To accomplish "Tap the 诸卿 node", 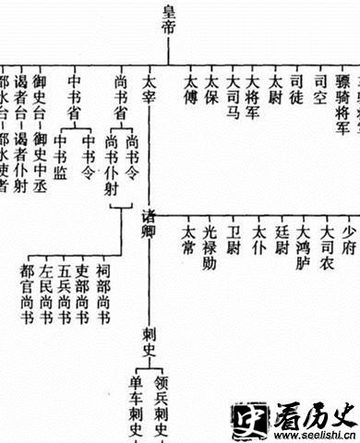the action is (x=150, y=222).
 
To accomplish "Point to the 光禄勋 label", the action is (x=210, y=243).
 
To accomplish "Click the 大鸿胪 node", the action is (x=302, y=243).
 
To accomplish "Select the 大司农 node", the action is (x=326, y=243).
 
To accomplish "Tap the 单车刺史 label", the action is (x=138, y=406).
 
